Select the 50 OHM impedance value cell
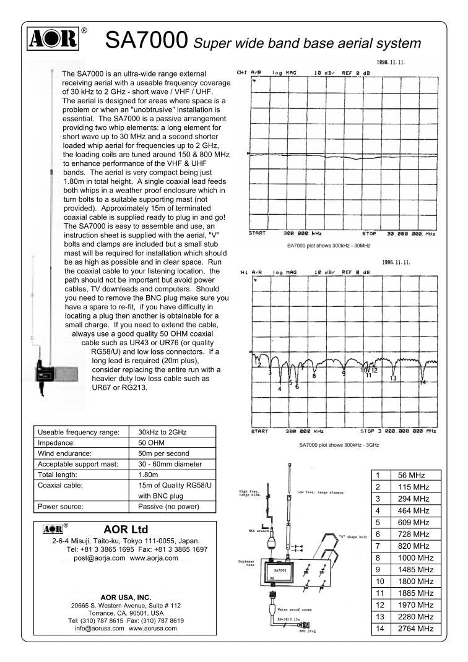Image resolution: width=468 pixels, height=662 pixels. pos(151,443)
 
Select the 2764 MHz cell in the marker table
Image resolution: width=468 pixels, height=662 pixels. pos(412,629)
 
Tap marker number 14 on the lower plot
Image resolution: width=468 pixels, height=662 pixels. pos(423,382)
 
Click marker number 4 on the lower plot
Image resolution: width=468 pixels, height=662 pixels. pos(280,389)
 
